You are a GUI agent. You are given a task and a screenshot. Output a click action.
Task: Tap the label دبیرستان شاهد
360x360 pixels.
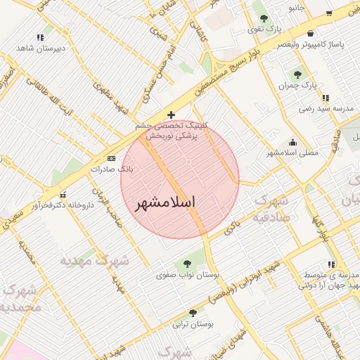pyautogui.click(x=41, y=49)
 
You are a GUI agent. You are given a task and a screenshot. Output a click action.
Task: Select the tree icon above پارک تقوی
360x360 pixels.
pyautogui.click(x=264, y=19)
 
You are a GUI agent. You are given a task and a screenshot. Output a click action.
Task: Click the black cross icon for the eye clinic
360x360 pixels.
pyautogui.click(x=171, y=114)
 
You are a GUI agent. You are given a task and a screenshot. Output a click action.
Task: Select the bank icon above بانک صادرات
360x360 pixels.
pyautogui.click(x=111, y=159)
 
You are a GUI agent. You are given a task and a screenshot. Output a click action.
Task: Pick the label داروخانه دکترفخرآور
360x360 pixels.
pyautogui.click(x=64, y=205)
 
